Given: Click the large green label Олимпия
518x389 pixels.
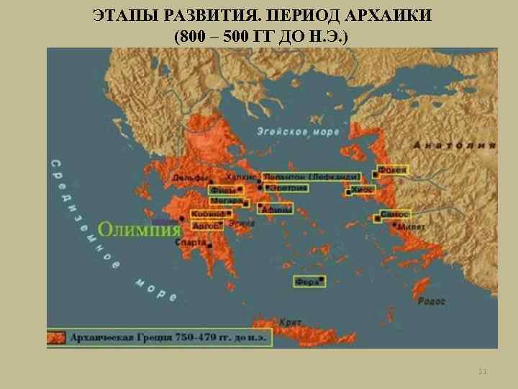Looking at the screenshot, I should [139, 230].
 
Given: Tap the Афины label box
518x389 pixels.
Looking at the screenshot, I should [276, 210].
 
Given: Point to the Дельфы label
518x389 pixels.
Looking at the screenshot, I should [191, 178].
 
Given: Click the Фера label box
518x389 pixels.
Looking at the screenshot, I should [307, 282].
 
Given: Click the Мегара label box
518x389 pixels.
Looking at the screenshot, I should [225, 202].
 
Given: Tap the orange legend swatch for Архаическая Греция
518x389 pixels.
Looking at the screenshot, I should [58, 337].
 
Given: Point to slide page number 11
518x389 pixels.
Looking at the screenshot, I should [482, 372].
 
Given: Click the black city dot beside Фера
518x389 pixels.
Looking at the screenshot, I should [322, 280].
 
